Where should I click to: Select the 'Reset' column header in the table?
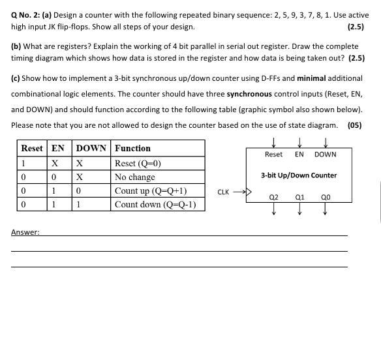pyautogui.click(x=32, y=148)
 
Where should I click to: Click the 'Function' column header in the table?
pyautogui.click(x=132, y=148)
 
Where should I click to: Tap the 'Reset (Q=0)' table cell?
pyautogui.click(x=138, y=164)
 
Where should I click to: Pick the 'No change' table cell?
pyautogui.click(x=135, y=177)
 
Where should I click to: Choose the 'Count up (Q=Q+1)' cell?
pyautogui.click(x=151, y=191)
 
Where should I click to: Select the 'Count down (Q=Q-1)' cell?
pyautogui.click(x=155, y=205)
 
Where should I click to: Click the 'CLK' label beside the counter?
pyautogui.click(x=223, y=192)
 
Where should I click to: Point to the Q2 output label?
pyautogui.click(x=273, y=196)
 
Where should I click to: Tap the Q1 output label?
pyautogui.click(x=299, y=196)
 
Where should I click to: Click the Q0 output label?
pyautogui.click(x=326, y=196)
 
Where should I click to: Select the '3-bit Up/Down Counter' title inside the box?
pyautogui.click(x=299, y=175)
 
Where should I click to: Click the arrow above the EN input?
pyautogui.click(x=299, y=142)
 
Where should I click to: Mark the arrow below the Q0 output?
pyautogui.click(x=326, y=209)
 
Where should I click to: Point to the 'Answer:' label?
pyautogui.click(x=25, y=232)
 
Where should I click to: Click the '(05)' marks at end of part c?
pyautogui.click(x=354, y=125)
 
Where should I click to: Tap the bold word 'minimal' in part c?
pyautogui.click(x=311, y=78)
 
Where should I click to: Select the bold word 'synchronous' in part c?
pyautogui.click(x=249, y=94)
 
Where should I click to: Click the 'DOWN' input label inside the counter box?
pyautogui.click(x=326, y=155)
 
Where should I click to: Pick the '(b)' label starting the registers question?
pyautogui.click(x=16, y=46)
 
